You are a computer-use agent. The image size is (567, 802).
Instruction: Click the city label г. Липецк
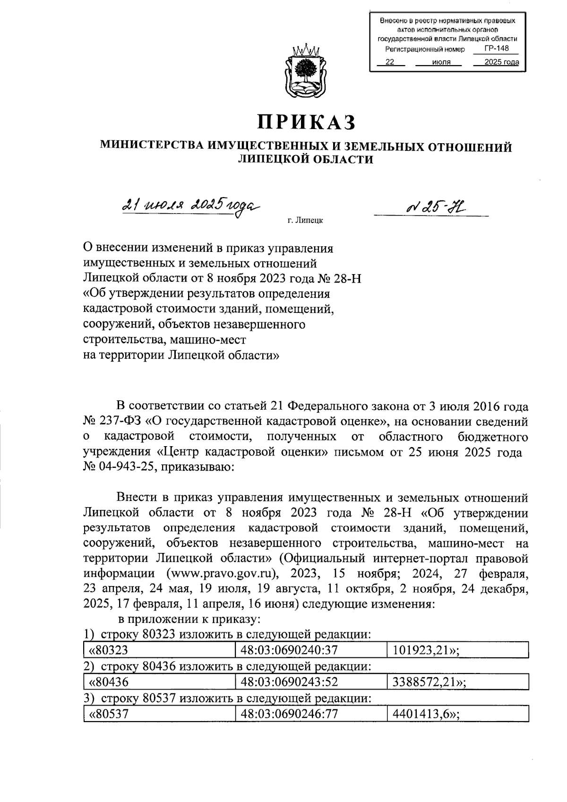point(305,221)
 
